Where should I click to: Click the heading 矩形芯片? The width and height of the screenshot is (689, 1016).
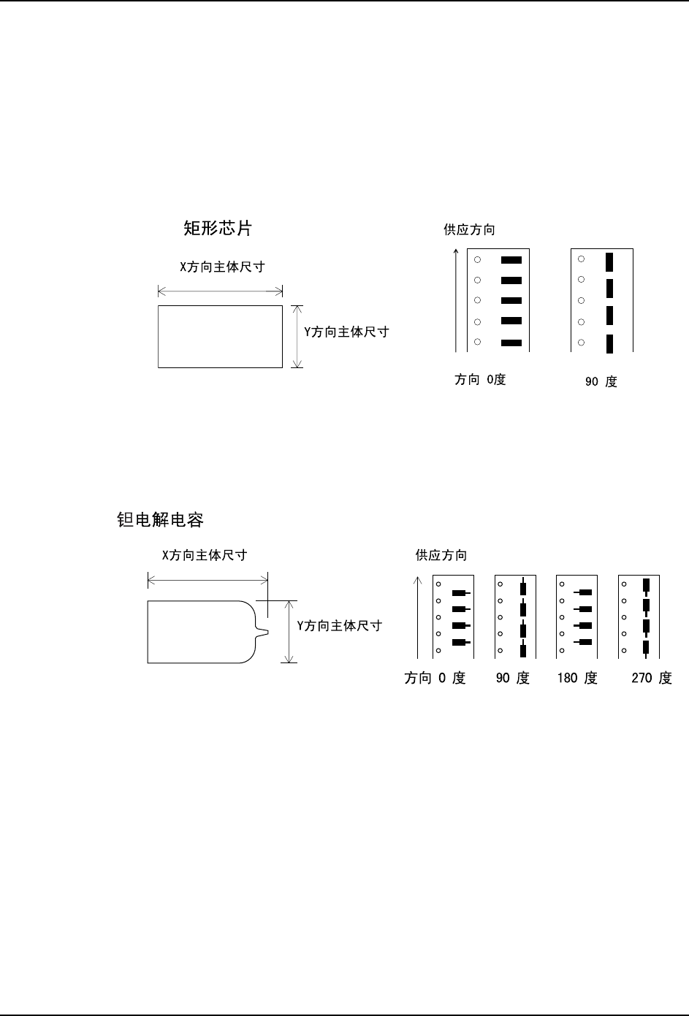click(217, 229)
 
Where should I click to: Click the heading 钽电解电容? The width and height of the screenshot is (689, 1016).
click(161, 520)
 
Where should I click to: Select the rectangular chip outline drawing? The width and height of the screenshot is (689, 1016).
click(220, 337)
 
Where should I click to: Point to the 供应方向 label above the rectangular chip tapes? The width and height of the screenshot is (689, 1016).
click(469, 230)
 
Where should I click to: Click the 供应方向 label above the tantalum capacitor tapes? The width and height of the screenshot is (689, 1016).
click(441, 556)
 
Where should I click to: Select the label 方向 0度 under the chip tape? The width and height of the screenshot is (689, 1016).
click(480, 380)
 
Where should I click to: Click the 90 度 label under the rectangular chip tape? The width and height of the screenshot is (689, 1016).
click(601, 381)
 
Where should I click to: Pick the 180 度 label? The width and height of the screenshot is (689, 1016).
click(576, 679)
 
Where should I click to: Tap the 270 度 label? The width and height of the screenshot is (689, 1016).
click(651, 679)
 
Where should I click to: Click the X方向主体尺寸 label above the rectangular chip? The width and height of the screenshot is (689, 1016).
click(222, 267)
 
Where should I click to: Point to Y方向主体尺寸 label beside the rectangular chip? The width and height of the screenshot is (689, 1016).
click(346, 332)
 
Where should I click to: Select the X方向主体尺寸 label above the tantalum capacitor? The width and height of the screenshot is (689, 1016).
click(205, 556)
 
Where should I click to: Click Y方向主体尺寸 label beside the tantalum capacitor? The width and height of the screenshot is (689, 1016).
click(339, 626)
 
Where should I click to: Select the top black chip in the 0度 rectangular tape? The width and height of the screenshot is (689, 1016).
click(512, 259)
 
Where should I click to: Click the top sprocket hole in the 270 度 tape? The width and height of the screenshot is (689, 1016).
click(623, 584)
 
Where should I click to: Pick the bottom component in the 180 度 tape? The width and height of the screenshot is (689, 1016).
click(584, 642)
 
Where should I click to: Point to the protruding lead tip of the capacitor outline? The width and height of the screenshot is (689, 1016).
click(266, 632)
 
